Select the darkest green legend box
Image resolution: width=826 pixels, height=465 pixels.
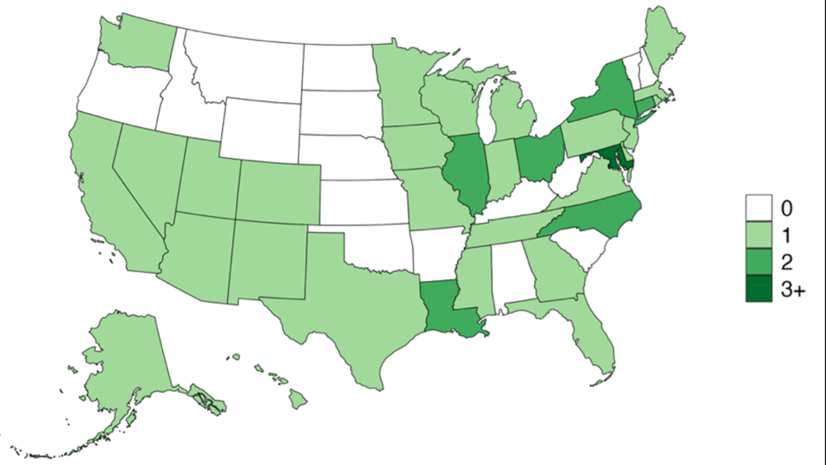[x=758, y=289]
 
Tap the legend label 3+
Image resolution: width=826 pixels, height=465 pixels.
[x=793, y=290]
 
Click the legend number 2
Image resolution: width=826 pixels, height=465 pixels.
[x=786, y=262]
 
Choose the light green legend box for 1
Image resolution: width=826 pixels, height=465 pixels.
[x=758, y=235]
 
